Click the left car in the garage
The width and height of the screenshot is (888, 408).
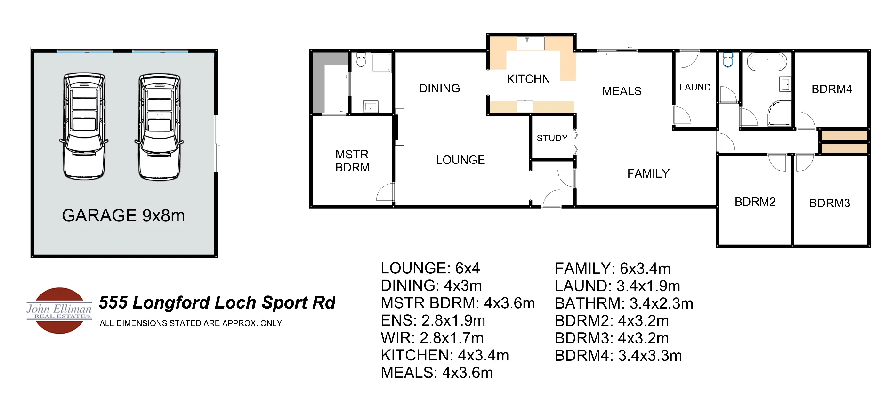point(84,126)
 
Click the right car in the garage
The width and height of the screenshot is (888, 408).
point(159,126)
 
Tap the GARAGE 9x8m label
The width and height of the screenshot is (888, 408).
point(123,216)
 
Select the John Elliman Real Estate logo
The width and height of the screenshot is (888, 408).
point(59,310)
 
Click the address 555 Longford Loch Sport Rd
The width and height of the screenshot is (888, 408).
point(217,302)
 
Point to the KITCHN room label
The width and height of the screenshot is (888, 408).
point(528,79)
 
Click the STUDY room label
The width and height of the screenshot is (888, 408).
point(552,138)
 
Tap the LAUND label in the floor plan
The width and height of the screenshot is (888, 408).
point(695,87)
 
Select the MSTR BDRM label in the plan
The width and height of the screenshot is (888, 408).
point(352,161)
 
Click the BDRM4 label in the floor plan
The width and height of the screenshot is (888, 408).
point(831,89)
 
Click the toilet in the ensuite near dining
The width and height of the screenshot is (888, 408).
point(361,60)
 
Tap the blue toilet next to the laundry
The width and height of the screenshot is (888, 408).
point(728,60)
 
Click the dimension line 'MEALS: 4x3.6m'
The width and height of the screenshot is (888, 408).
point(436,373)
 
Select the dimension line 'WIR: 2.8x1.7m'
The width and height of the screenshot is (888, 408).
point(432,338)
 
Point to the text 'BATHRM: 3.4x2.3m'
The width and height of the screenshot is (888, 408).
point(623,303)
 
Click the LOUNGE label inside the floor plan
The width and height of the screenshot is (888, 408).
point(460,160)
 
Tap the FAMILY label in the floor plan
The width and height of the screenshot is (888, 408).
point(648,174)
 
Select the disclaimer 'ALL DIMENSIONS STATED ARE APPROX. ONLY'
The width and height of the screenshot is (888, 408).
point(191,323)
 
